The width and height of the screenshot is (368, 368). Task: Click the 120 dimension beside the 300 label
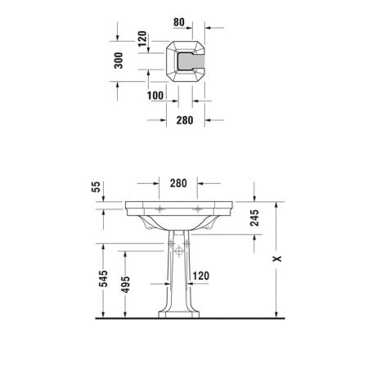click(140, 38)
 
